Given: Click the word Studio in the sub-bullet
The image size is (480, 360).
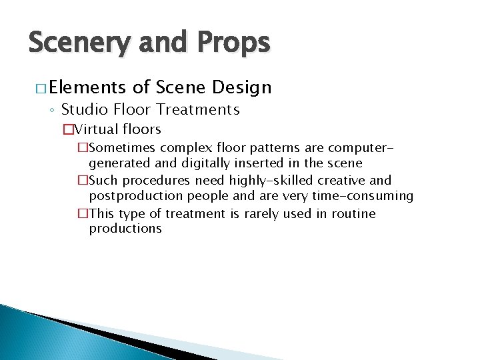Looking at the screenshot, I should [83, 109].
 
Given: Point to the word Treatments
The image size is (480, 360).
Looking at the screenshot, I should [200, 109].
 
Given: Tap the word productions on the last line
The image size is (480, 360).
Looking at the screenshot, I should [125, 229].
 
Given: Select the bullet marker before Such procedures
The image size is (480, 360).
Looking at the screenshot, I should [83, 180].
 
